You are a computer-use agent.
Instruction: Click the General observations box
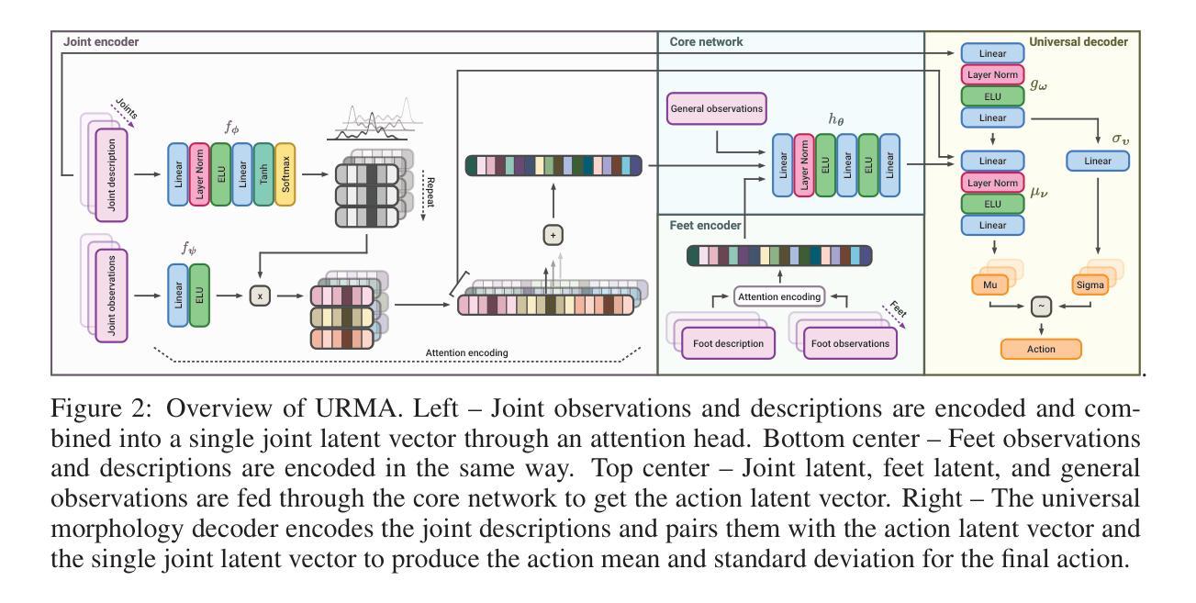tap(716, 109)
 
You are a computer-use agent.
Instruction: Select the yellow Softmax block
tap(285, 173)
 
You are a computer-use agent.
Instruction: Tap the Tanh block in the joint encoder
tap(263, 173)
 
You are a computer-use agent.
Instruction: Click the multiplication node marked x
tap(262, 296)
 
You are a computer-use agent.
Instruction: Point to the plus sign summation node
tap(553, 235)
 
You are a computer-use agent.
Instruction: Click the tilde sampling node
tap(1041, 308)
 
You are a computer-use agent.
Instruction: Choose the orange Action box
tap(1041, 349)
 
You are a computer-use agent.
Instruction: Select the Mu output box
tap(989, 285)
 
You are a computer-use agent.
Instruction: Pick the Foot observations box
tap(847, 344)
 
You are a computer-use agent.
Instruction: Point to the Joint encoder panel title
tap(95, 42)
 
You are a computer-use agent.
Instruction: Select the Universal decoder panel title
tap(1079, 42)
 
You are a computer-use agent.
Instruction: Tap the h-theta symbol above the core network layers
tap(835, 121)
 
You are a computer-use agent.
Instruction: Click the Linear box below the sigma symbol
tap(1097, 161)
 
